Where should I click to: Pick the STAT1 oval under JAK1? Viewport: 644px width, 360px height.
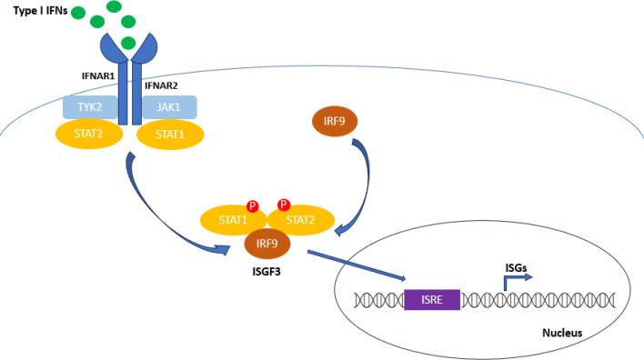pos(170,135)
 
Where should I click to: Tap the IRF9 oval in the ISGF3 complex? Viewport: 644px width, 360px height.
pos(267,244)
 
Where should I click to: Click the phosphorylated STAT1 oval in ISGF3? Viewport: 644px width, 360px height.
pos(234,220)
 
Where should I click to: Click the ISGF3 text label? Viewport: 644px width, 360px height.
pos(267,272)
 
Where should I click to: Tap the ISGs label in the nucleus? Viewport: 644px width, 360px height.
pos(516,268)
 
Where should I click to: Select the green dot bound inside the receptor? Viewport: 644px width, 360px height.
pos(128,43)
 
